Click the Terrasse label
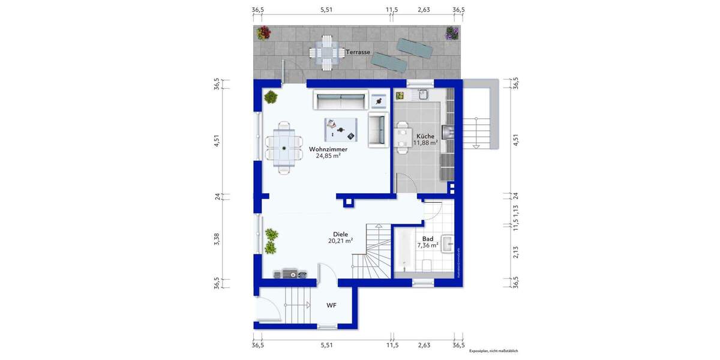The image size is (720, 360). (358, 52)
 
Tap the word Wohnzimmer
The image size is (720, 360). (328, 149)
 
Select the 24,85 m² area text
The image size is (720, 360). (328, 156)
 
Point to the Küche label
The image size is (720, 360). (425, 136)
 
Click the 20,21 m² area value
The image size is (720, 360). (340, 241)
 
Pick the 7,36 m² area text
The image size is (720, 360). (428, 245)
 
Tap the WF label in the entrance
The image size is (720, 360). (331, 305)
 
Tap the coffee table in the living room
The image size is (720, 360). (340, 128)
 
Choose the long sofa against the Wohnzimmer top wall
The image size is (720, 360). (340, 100)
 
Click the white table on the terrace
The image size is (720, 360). (326, 53)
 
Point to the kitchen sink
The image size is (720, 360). (423, 94)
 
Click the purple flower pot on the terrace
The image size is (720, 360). (451, 33)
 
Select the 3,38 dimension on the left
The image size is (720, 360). (217, 238)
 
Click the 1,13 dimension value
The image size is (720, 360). (515, 210)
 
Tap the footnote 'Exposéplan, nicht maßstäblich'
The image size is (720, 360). (493, 350)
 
